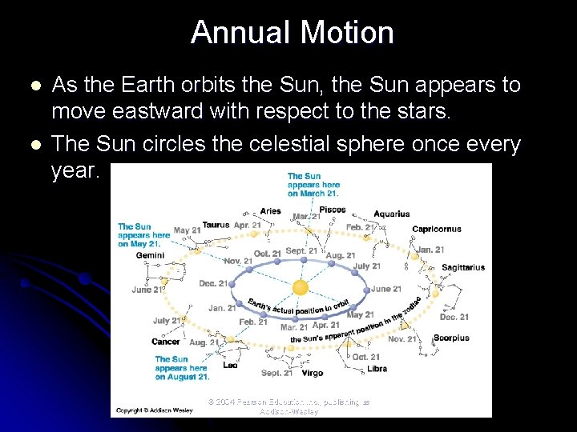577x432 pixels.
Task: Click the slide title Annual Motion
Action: pos(293,33)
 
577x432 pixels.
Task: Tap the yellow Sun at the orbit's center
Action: pos(300,286)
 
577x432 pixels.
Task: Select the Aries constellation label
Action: pos(271,211)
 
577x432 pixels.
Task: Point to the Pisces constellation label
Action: pos(333,210)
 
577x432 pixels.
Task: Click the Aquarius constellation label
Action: pos(392,214)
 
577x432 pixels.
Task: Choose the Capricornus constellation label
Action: pos(437,229)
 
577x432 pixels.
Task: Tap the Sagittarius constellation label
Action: pos(462,267)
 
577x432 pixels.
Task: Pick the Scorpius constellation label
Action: pos(451,338)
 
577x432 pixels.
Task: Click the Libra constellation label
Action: pos(377,369)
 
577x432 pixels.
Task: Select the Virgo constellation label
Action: pos(313,373)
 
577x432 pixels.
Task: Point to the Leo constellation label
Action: pos(230,365)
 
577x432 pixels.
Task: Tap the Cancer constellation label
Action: pos(166,342)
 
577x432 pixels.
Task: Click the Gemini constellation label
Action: pos(150,255)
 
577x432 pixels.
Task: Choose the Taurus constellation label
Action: pos(216,225)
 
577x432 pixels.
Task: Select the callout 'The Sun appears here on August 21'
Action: pos(182,368)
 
